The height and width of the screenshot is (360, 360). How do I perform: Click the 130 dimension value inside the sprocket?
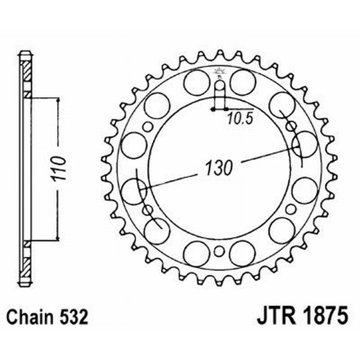point(219,168)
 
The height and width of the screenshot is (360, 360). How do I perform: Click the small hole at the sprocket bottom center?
point(219,252)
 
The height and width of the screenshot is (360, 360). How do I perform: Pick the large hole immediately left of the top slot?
point(197,82)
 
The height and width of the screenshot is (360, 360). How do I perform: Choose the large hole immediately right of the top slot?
point(243,82)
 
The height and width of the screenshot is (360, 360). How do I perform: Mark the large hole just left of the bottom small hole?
point(197,253)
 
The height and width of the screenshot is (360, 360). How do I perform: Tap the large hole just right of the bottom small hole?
point(243,253)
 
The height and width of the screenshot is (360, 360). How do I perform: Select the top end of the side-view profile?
point(25,54)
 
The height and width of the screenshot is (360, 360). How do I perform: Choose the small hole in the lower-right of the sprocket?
point(291,209)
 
